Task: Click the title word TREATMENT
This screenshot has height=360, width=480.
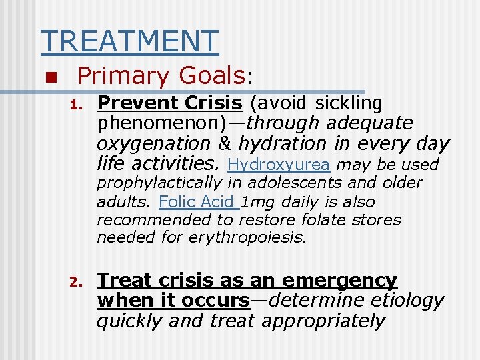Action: coord(129,41)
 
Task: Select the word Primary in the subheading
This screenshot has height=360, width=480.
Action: coord(117,76)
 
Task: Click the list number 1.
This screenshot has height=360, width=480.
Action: coord(75,105)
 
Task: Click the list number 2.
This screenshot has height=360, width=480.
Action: coord(75,282)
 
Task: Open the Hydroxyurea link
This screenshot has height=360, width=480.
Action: coord(279,164)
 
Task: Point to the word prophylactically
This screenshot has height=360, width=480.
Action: coord(159,183)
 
